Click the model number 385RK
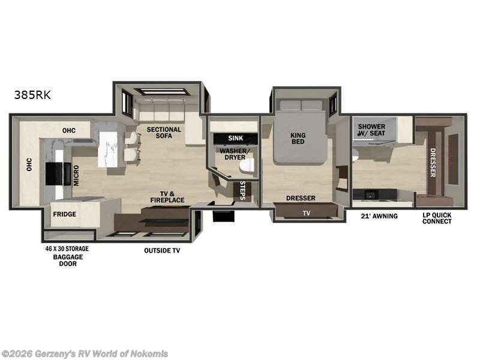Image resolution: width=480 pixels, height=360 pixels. pos(33,94)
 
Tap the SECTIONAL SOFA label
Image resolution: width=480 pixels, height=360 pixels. pos(164,133)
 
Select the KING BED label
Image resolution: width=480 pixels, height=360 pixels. pos(298,138)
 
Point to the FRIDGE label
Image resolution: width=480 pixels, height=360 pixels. pos(64,214)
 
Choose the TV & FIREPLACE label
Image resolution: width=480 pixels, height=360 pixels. pos(167,196)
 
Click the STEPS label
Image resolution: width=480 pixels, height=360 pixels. pos(243,190)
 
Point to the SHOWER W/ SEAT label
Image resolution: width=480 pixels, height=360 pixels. pos(371,130)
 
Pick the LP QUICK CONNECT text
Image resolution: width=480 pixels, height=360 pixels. pos(437,218)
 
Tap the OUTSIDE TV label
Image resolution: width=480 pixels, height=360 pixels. pos(161,250)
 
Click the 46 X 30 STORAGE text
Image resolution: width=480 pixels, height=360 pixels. pos(68,248)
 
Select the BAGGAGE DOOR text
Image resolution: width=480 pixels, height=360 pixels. pos(67,260)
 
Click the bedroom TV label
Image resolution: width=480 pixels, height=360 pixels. pos(307,212)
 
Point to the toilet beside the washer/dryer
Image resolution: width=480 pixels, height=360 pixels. pos(246,164)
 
